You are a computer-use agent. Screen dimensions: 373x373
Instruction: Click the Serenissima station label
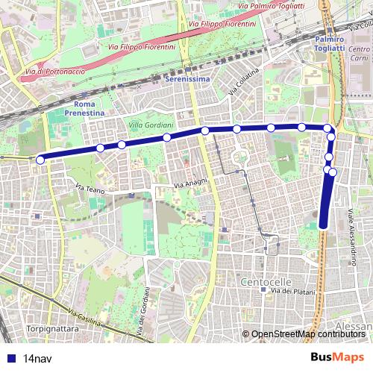186,78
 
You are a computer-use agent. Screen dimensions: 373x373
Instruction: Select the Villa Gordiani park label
151,124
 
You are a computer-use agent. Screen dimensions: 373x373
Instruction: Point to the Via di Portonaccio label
54,72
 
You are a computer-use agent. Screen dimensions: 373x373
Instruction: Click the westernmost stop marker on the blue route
40,159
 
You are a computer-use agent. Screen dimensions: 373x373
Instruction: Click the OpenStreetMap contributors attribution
310,334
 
